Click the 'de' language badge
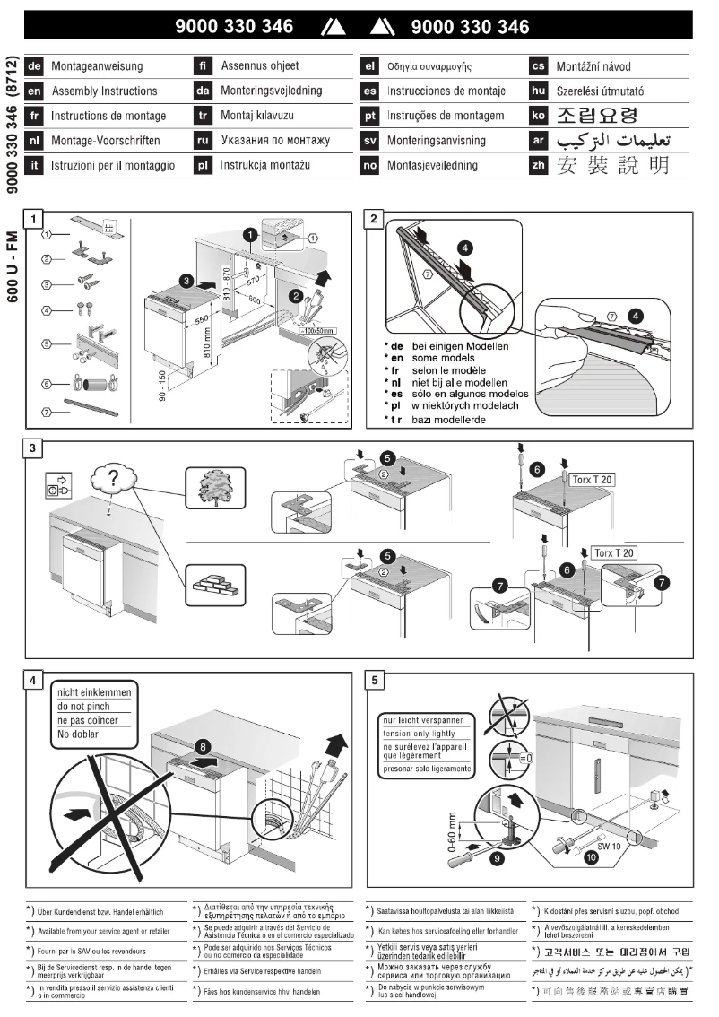point(36,66)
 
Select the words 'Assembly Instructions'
point(104,91)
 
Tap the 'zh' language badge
point(540,165)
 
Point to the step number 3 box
point(34,448)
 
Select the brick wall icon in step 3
point(212,583)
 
